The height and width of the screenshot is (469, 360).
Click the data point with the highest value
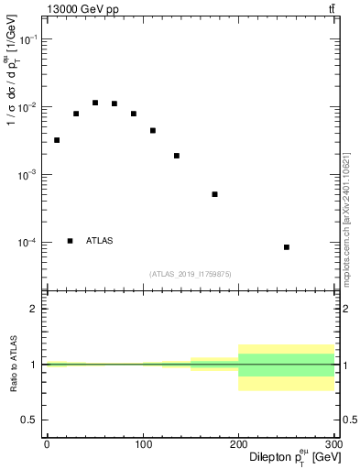(x=95, y=103)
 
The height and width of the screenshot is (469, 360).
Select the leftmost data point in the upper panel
(x=57, y=140)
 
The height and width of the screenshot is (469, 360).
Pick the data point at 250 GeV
(x=287, y=247)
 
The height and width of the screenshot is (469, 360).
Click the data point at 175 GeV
(x=214, y=194)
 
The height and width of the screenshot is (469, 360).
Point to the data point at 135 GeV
(x=176, y=156)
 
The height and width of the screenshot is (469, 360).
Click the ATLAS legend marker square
(x=71, y=241)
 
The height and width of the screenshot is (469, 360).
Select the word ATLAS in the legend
(x=100, y=241)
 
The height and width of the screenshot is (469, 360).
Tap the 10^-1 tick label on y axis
(x=27, y=39)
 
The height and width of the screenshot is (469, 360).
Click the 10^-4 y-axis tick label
(x=27, y=243)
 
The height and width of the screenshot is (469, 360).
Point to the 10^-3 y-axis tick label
(x=27, y=175)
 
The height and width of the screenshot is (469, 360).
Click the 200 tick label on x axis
(x=238, y=443)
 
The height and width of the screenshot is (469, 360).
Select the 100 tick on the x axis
(x=142, y=443)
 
